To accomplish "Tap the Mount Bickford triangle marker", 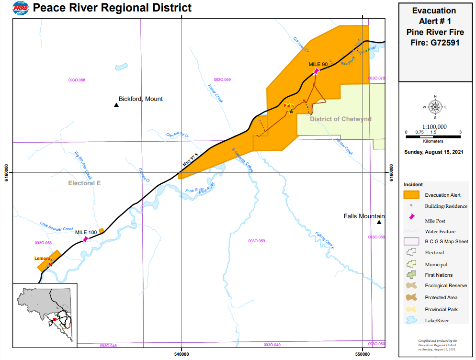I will click(x=116, y=105).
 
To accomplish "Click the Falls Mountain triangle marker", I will click(x=379, y=222).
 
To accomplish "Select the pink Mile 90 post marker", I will click(x=316, y=71).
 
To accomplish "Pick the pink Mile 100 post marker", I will click(x=85, y=238).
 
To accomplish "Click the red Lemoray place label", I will click(x=43, y=259).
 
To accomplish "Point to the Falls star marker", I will click(x=291, y=112).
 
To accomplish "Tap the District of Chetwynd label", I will click(x=340, y=119).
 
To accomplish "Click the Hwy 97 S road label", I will click(x=190, y=160).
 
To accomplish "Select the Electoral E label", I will click(x=84, y=183).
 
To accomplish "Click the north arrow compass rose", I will click(x=435, y=107).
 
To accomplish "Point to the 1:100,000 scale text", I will click(x=434, y=126).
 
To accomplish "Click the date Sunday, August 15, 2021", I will click(x=434, y=152).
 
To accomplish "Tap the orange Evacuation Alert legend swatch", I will click(x=411, y=195).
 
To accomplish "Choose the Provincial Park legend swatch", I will click(x=411, y=309).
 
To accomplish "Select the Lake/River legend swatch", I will click(x=411, y=320).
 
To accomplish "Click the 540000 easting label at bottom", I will click(x=181, y=354).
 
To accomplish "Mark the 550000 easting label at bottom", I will click(x=363, y=354).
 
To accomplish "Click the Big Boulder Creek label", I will click(x=83, y=163).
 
